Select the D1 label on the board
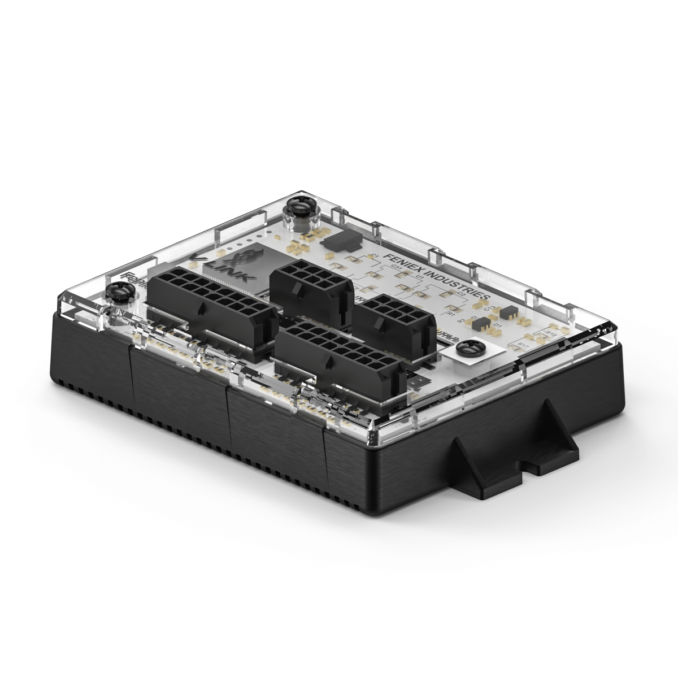click(497, 326)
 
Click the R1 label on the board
click(450, 313)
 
